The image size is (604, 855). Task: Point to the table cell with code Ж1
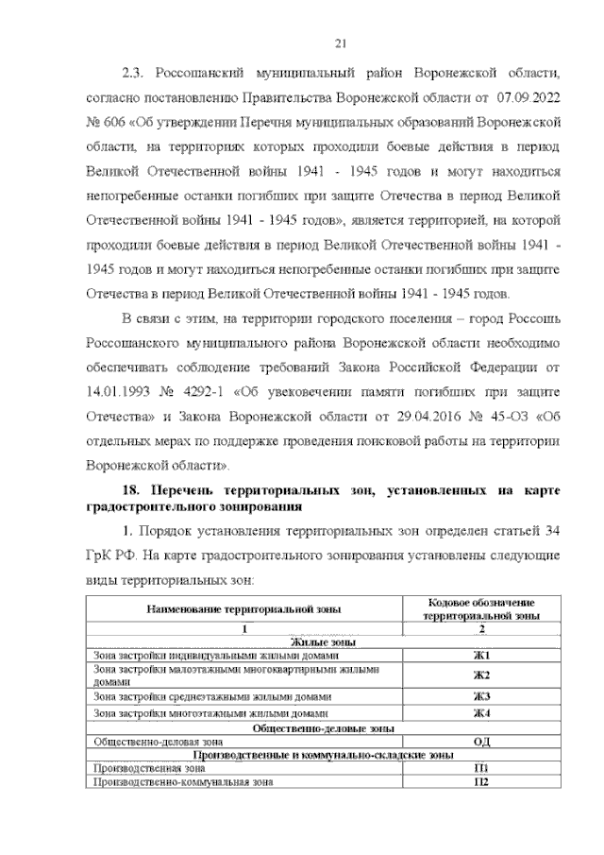click(481, 656)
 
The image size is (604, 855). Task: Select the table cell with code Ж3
click(481, 697)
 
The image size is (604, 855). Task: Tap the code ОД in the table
click(481, 742)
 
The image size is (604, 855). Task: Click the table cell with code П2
click(481, 782)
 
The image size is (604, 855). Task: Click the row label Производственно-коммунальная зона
click(179, 782)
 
